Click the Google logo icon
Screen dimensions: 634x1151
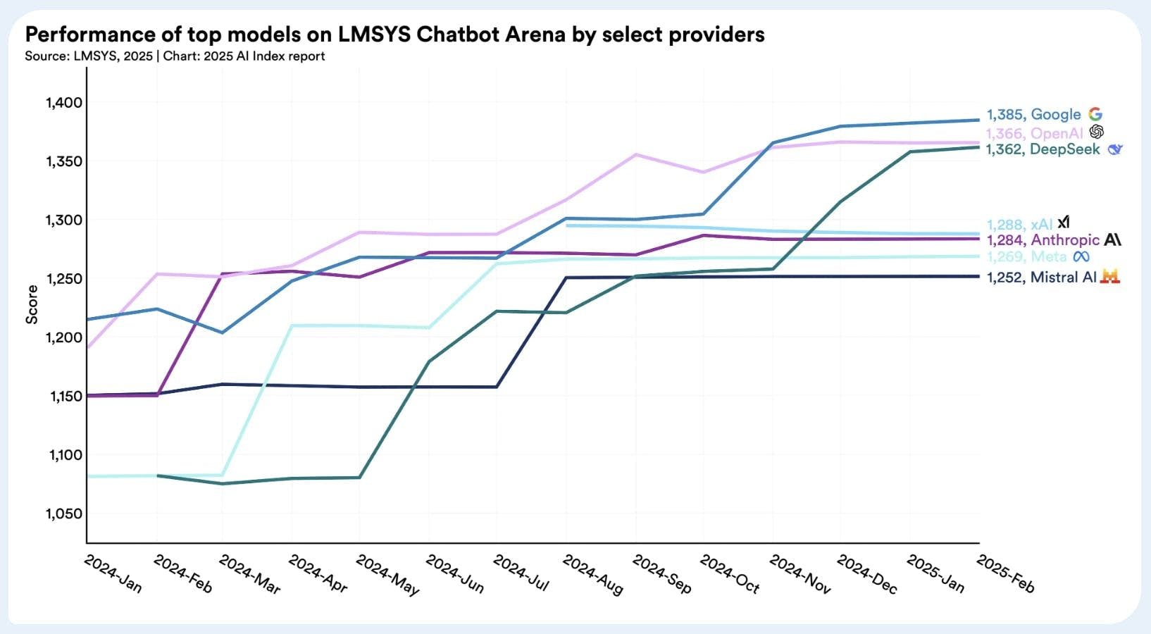pyautogui.click(x=1095, y=114)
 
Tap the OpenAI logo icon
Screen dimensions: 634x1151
pyautogui.click(x=1096, y=132)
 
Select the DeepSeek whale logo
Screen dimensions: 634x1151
pyautogui.click(x=1114, y=149)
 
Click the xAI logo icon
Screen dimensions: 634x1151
pyautogui.click(x=1063, y=223)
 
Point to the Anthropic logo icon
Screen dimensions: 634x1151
pyautogui.click(x=1113, y=240)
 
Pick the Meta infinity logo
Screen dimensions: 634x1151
pyautogui.click(x=1081, y=257)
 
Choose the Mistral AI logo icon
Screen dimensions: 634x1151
pyautogui.click(x=1110, y=277)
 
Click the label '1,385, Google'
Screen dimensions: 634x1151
pyautogui.click(x=1033, y=115)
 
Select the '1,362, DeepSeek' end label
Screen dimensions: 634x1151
pyautogui.click(x=1043, y=149)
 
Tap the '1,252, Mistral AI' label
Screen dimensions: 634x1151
pyautogui.click(x=1041, y=278)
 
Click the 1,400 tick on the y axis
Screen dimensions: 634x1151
pyautogui.click(x=64, y=103)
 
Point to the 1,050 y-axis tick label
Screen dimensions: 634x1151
pyautogui.click(x=64, y=514)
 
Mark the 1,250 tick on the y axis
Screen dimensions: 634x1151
pyautogui.click(x=64, y=279)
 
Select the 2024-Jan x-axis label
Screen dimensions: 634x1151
pyautogui.click(x=113, y=574)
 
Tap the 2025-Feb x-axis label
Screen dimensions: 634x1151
pyautogui.click(x=1005, y=574)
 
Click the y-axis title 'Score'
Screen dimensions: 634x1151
pyautogui.click(x=32, y=304)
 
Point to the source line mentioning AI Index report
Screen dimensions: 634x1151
pyautogui.click(x=175, y=56)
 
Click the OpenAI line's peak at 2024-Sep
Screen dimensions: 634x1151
pyautogui.click(x=636, y=154)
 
